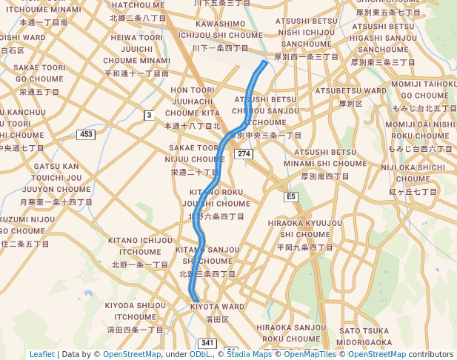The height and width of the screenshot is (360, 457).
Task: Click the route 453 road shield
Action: tap(86, 134)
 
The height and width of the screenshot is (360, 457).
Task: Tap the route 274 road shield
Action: tap(244, 153)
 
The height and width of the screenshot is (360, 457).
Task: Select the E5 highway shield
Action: tap(291, 196)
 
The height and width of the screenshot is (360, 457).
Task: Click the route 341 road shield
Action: tap(207, 343)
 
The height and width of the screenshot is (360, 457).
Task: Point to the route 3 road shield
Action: tap(149, 115)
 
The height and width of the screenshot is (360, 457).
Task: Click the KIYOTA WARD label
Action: tap(217, 307)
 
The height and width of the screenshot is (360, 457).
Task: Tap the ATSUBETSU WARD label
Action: tap(350, 91)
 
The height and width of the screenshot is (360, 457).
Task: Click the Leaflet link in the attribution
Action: tap(42, 354)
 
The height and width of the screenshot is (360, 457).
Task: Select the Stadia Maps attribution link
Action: tap(247, 354)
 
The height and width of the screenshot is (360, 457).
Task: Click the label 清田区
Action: tap(217, 319)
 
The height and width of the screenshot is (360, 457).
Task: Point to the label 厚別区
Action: tap(350, 104)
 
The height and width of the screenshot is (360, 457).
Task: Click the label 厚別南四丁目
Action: tap(325, 176)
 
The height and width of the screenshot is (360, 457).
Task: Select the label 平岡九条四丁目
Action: tap(304, 247)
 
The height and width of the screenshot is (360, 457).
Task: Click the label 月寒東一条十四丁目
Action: tap(56, 201)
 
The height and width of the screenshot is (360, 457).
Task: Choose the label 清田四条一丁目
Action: tap(135, 329)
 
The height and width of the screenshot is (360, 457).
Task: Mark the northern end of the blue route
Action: tap(265, 62)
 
